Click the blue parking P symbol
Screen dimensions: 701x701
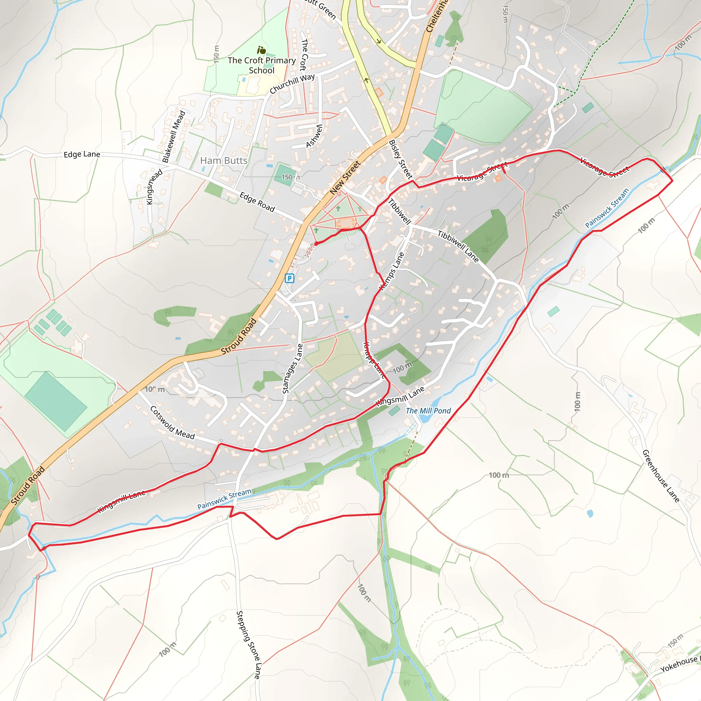[289, 278]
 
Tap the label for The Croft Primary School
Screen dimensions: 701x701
[262, 65]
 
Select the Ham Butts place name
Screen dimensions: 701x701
[224, 161]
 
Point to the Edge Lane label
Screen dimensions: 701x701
[82, 154]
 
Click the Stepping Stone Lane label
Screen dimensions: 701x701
[248, 645]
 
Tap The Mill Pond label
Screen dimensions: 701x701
[428, 411]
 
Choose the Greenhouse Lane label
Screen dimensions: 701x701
[661, 476]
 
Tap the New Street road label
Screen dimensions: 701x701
[345, 177]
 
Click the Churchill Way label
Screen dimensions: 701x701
[292, 84]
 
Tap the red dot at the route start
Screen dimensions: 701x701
[316, 244]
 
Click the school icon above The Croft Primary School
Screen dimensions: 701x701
[261, 50]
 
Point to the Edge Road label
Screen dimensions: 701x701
[257, 202]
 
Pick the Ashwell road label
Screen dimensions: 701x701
[314, 136]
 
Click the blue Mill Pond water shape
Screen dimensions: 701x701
[424, 417]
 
